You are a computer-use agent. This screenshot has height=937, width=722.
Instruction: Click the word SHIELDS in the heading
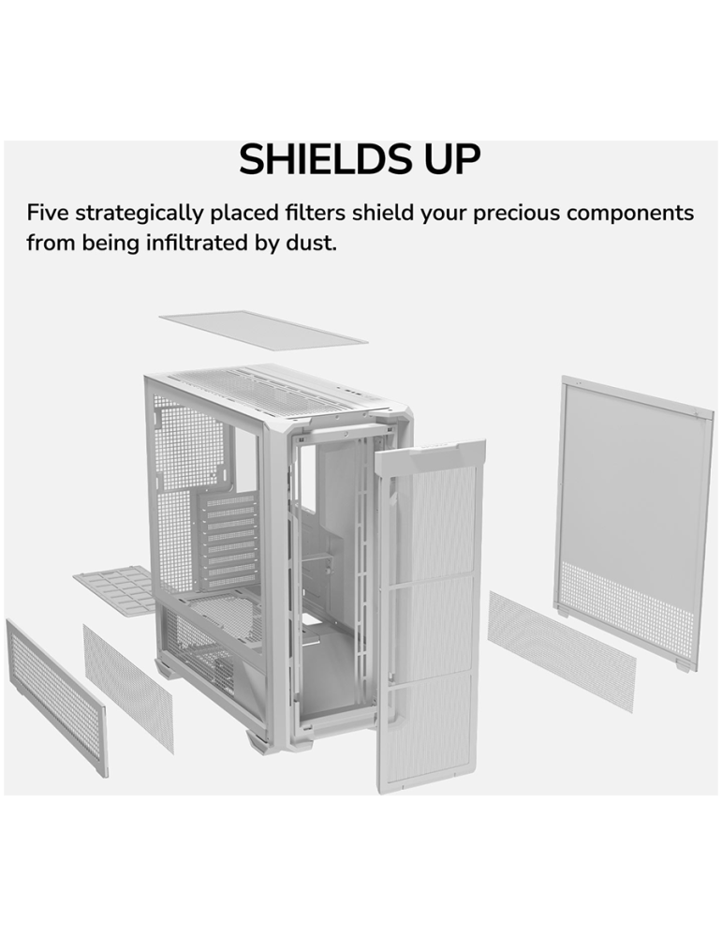[x=316, y=159]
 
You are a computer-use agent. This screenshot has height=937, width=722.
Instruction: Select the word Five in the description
[x=48, y=213]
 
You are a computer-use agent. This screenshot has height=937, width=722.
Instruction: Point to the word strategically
[x=140, y=214]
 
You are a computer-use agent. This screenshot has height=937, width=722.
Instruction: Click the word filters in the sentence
[x=315, y=213]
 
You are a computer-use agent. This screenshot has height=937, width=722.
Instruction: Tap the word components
[x=630, y=214]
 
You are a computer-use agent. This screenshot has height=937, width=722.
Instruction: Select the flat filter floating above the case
[x=263, y=327]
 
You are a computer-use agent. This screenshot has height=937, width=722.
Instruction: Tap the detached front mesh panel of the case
[x=430, y=616]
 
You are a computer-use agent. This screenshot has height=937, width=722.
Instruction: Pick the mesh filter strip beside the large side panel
[x=561, y=650]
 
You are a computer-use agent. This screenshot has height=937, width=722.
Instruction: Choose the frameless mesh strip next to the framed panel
[x=128, y=689]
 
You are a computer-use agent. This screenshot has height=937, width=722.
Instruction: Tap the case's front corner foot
[x=256, y=741]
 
